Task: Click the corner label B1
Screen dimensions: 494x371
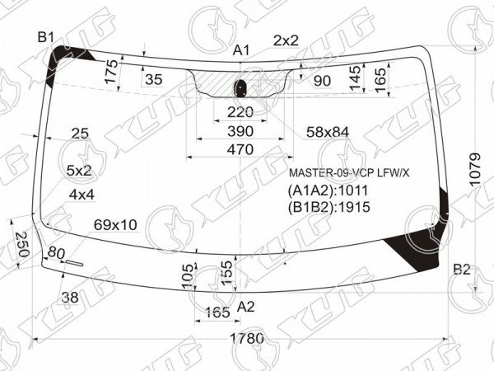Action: pos(46,38)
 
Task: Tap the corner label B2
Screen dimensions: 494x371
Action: pos(462,270)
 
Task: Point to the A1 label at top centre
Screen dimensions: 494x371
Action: pos(241,50)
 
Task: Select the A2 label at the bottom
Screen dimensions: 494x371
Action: pos(245,307)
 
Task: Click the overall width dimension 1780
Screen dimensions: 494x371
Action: pos(247,339)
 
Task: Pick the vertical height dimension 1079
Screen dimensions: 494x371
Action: pos(474,170)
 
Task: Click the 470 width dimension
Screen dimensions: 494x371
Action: pos(240,149)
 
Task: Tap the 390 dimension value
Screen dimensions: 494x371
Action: pos(240,131)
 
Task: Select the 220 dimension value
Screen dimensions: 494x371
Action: pos(240,112)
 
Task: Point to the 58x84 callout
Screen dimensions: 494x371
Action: pos(328,132)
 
